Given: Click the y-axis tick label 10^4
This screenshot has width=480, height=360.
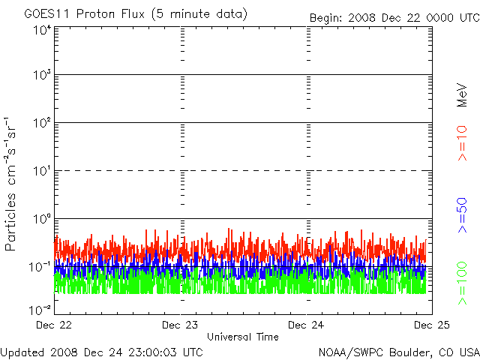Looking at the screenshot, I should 42,29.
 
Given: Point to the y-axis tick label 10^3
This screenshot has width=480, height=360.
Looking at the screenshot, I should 42,75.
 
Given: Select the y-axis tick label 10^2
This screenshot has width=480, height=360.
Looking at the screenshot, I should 42,123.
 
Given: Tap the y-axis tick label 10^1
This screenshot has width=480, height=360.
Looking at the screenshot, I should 42,171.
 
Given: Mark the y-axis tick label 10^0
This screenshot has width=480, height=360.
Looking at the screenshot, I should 42,219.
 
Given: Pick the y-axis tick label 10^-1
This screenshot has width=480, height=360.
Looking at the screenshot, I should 40,267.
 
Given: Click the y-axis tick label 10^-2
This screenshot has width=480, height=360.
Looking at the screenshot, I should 40,309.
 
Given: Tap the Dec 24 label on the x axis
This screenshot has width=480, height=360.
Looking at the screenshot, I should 307,325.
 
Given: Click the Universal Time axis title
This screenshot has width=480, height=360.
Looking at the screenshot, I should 242,337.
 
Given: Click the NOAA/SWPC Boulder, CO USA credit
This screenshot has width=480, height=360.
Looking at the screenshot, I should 398,351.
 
